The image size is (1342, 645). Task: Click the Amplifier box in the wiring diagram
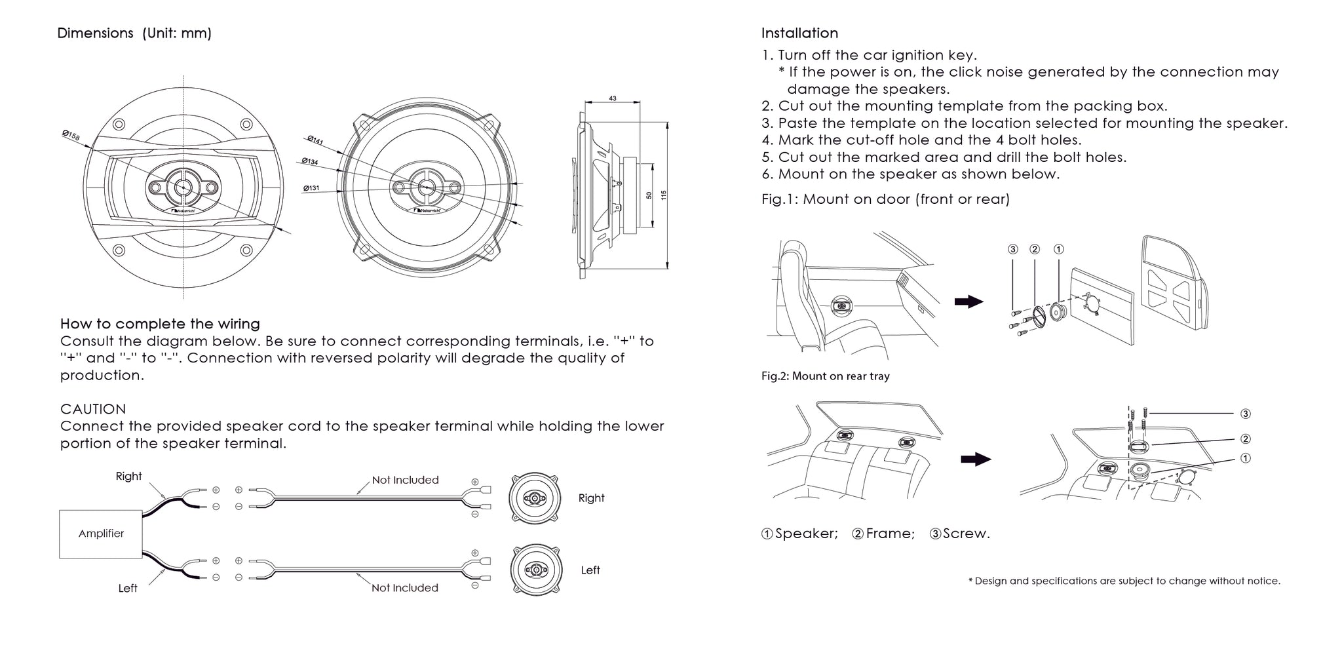click(x=101, y=534)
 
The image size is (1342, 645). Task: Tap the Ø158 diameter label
click(x=71, y=135)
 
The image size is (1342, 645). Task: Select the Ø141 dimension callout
click(x=315, y=141)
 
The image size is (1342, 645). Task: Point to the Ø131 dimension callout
click(x=311, y=188)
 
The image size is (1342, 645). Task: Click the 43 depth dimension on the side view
click(x=613, y=98)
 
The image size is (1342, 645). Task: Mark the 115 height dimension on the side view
click(x=663, y=195)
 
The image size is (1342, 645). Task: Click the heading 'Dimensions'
click(x=96, y=33)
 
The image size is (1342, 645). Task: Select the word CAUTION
click(x=93, y=409)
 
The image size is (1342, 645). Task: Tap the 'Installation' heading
click(x=799, y=33)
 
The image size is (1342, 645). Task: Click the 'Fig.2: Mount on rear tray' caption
click(x=826, y=376)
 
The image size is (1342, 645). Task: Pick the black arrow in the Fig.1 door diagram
click(x=969, y=302)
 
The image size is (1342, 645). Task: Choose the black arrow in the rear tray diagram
click(x=976, y=459)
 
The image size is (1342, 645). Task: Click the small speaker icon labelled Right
click(x=535, y=498)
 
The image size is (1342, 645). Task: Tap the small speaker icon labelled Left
click(x=536, y=570)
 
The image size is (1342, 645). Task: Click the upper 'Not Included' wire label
click(x=406, y=480)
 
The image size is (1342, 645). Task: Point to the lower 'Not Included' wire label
click(x=405, y=588)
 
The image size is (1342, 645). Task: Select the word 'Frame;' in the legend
click(x=890, y=534)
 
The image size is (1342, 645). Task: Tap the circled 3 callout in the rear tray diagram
click(x=1246, y=414)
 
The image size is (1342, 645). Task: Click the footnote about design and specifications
click(x=1124, y=581)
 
